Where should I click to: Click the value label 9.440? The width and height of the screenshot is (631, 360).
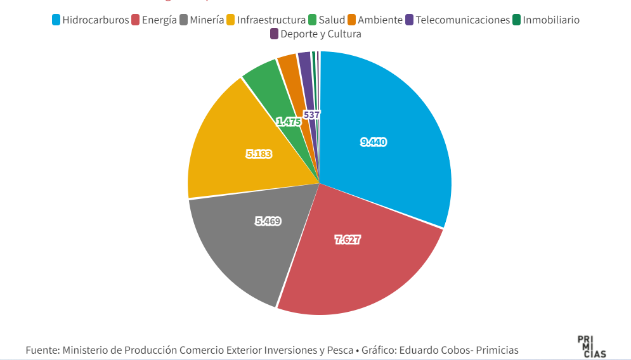(374, 142)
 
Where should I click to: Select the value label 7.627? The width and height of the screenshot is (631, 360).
(348, 240)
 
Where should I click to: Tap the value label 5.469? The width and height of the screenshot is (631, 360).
(268, 221)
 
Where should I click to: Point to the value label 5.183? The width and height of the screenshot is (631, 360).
(259, 153)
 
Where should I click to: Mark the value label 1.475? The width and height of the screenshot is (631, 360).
(289, 121)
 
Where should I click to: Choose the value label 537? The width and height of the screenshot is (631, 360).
(311, 115)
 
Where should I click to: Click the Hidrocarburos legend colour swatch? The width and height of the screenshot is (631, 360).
(56, 20)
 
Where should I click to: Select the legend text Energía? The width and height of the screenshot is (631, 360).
(159, 20)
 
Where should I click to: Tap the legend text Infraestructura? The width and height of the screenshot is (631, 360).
(271, 20)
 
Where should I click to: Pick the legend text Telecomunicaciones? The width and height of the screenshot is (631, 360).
(462, 20)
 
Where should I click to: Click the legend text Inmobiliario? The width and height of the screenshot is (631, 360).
(551, 20)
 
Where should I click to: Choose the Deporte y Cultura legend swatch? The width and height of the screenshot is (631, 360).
(274, 34)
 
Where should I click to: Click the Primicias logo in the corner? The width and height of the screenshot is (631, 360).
(591, 347)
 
